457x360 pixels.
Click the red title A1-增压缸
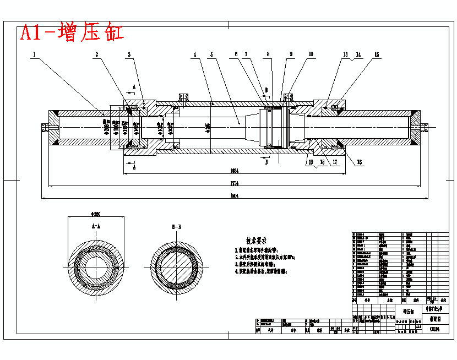[x=72, y=32]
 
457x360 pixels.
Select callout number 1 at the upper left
[x=34, y=54]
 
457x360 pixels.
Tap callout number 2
[x=96, y=54]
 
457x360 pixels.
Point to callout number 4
[x=194, y=54]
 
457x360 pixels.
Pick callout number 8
[x=269, y=54]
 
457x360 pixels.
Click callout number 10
[x=311, y=54]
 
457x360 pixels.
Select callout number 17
[x=334, y=162]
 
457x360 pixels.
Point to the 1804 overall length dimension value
[x=233, y=195]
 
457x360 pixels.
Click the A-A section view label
[x=95, y=226]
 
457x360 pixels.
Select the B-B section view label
[x=177, y=226]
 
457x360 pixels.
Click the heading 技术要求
[x=256, y=241]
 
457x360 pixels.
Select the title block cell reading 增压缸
[x=408, y=312]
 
